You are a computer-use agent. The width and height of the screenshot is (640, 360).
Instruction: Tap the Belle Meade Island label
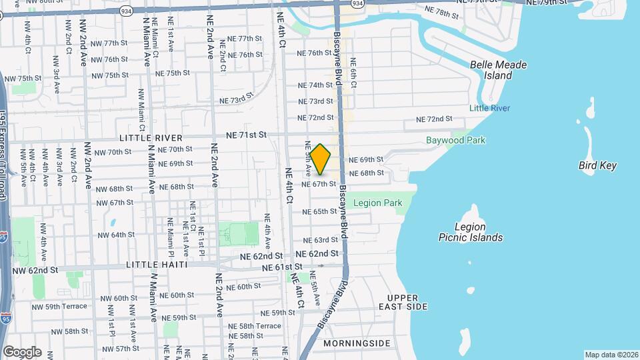[498, 70]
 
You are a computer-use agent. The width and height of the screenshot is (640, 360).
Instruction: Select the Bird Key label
[597, 165]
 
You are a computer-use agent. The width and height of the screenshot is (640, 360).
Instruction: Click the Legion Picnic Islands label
[471, 232]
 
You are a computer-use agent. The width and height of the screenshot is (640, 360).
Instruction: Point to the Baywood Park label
[456, 140]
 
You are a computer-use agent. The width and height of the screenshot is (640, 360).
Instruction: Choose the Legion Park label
[377, 203]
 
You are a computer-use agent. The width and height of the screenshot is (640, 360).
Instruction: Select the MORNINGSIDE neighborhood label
[357, 343]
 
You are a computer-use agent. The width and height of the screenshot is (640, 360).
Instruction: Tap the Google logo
[22, 351]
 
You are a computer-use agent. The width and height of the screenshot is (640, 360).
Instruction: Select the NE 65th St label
[319, 211]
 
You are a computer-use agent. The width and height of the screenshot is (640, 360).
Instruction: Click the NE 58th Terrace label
[255, 326]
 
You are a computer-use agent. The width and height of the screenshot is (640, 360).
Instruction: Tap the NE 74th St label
[315, 85]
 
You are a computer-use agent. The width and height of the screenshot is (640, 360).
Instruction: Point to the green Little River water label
[489, 108]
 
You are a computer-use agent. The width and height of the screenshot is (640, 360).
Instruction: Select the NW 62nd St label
[35, 271]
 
